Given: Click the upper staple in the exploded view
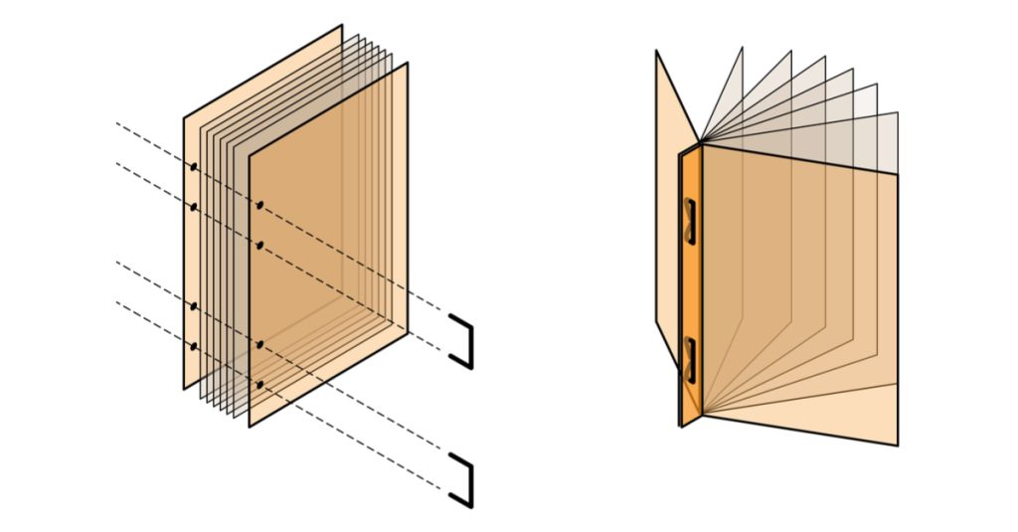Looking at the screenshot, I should [462, 341].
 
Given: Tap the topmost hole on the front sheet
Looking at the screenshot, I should [259, 205].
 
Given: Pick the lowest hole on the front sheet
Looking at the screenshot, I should [259, 384].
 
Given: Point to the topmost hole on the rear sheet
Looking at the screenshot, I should [194, 167].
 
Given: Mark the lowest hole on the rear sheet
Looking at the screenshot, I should [194, 346].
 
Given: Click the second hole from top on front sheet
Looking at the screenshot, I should [259, 245].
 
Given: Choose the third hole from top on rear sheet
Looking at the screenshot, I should [194, 306].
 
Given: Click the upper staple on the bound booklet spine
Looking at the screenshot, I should [689, 221].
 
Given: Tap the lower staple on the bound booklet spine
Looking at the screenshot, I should [689, 360].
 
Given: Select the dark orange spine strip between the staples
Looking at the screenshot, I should [691, 288].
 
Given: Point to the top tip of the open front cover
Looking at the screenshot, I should [656, 52].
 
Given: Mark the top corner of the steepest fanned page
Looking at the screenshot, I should [742, 48].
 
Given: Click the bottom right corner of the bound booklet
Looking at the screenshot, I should [897, 444].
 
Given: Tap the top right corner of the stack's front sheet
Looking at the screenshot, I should [408, 64].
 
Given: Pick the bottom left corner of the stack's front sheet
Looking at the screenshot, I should [250, 426].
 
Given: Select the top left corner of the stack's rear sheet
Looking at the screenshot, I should [184, 119].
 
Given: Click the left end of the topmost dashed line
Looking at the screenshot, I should [117, 123].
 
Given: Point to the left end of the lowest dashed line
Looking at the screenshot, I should [117, 302].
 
